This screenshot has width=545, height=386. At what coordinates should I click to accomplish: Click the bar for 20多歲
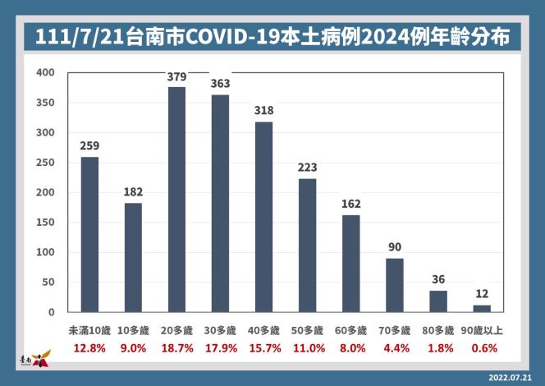tap(176, 200)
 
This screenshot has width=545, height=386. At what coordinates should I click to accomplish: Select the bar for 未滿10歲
tap(89, 235)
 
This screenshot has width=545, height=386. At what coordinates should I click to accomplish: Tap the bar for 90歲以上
tap(482, 309)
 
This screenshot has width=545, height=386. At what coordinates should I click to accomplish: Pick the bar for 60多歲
tap(350, 264)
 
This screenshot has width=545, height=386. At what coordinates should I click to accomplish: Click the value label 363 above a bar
tap(220, 83)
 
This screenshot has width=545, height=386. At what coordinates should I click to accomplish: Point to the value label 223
tap(307, 167)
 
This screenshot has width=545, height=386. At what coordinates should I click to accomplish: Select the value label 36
tap(438, 278)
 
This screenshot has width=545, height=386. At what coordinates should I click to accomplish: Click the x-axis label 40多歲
tap(263, 330)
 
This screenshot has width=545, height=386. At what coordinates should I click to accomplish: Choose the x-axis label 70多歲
tap(394, 330)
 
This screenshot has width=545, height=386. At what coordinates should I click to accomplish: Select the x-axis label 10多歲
tap(133, 330)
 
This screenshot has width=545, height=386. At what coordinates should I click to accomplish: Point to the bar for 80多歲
tap(438, 301)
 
